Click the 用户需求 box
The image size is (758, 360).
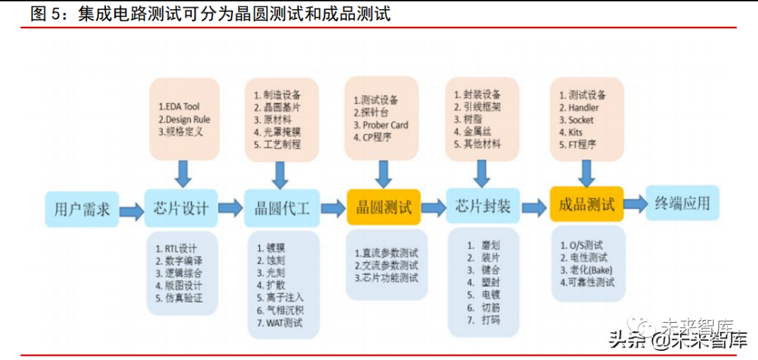coord(81,208)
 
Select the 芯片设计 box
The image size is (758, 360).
coord(180,208)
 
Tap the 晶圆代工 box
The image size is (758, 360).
coord(281,208)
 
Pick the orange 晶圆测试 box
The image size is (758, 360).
coord(383,207)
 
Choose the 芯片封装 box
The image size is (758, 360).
coord(483,207)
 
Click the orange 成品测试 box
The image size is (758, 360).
coord(587,204)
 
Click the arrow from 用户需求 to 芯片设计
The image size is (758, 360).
coord(131,210)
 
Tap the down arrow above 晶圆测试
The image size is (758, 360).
coord(383,173)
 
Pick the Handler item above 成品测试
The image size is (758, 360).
coord(583,107)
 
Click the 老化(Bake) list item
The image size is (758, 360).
coord(588,269)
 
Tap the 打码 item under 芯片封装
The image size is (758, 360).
coord(491,321)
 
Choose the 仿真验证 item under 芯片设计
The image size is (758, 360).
coord(184,298)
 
